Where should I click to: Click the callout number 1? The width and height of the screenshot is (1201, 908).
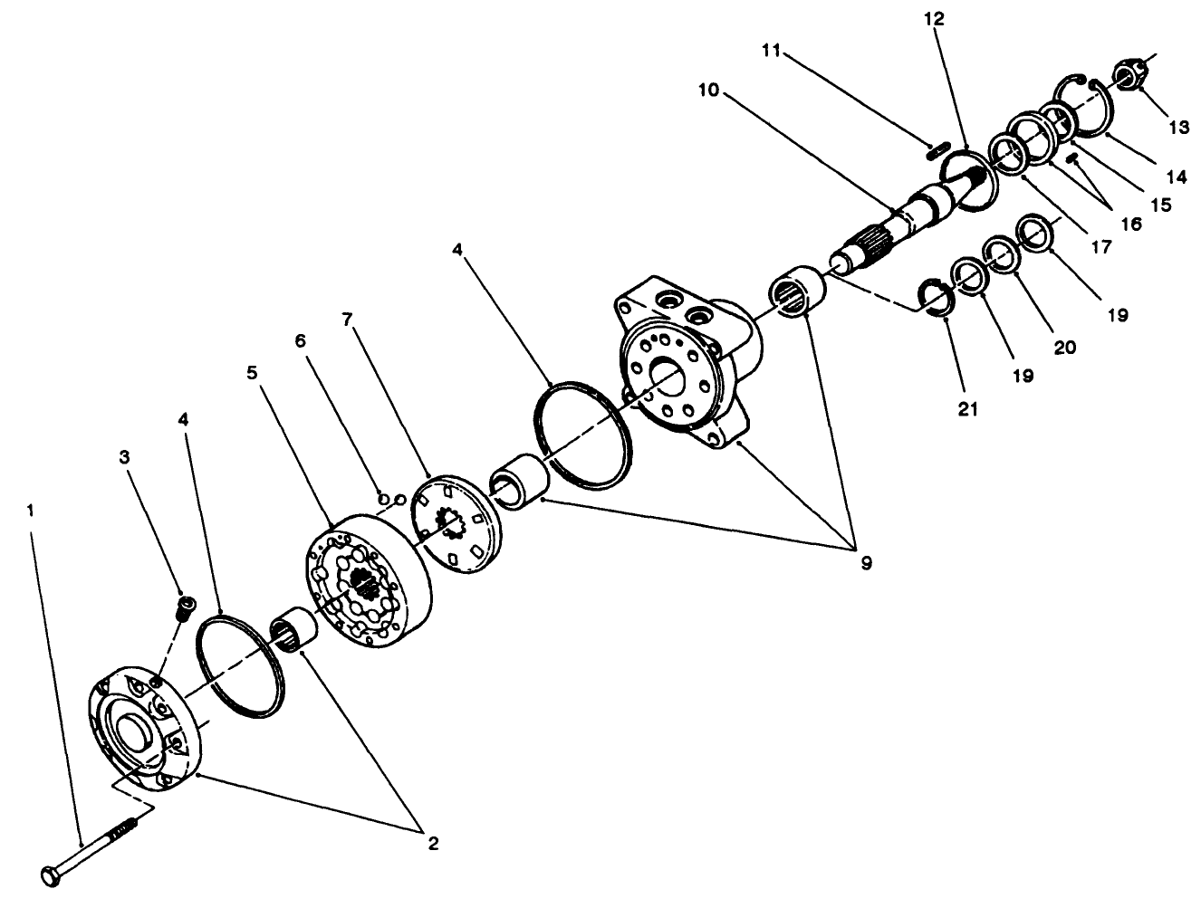coord(30,511)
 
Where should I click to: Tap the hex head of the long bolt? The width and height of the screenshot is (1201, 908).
coord(51,875)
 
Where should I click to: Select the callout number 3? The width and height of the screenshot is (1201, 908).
coord(127,457)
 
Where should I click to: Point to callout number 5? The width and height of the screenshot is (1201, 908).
coord(254,373)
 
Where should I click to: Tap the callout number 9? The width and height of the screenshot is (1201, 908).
coord(866,563)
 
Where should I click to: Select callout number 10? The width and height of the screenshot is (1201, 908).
coord(708,90)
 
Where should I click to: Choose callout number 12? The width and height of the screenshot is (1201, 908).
coord(934,18)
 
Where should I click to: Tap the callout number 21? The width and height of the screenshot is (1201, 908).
coord(968,409)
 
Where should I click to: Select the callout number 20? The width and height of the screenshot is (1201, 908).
coord(1065,347)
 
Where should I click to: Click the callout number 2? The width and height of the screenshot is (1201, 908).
coord(433,843)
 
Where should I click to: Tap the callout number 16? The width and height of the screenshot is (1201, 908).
coord(1131,224)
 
